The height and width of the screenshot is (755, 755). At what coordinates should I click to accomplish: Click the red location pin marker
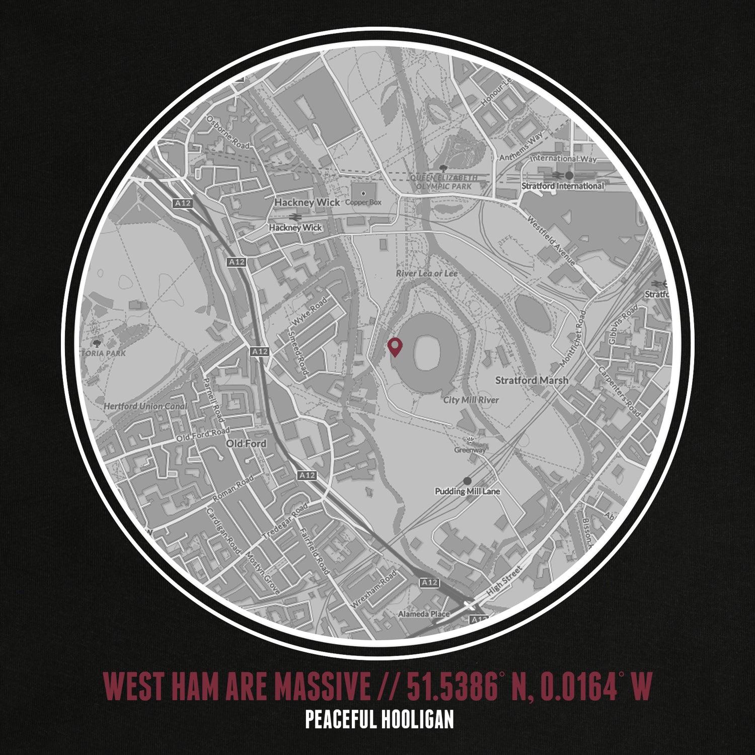[x=395, y=346]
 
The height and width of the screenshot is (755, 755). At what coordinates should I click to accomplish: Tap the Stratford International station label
[x=562, y=186]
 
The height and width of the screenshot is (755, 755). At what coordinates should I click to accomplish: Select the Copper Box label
[x=363, y=202]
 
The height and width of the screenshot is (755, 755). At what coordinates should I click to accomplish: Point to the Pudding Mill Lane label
[x=468, y=491]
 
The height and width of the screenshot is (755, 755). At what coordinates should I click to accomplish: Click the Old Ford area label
[x=246, y=443]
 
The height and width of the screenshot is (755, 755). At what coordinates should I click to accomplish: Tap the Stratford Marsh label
[x=532, y=380]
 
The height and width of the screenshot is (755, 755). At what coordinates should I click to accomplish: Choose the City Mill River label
[x=471, y=400]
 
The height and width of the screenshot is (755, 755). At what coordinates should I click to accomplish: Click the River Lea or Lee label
[x=427, y=273]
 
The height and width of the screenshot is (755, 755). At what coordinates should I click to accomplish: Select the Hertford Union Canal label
[x=145, y=406]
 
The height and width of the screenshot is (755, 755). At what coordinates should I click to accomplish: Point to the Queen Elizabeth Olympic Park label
[x=443, y=182]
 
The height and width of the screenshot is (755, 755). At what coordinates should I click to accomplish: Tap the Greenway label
[x=470, y=450]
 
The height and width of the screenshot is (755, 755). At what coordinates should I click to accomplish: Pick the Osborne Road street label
[x=228, y=132]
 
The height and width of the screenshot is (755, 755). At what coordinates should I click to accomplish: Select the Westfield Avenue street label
[x=551, y=241]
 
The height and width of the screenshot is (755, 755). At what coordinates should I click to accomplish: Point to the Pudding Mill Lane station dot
[x=468, y=481]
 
